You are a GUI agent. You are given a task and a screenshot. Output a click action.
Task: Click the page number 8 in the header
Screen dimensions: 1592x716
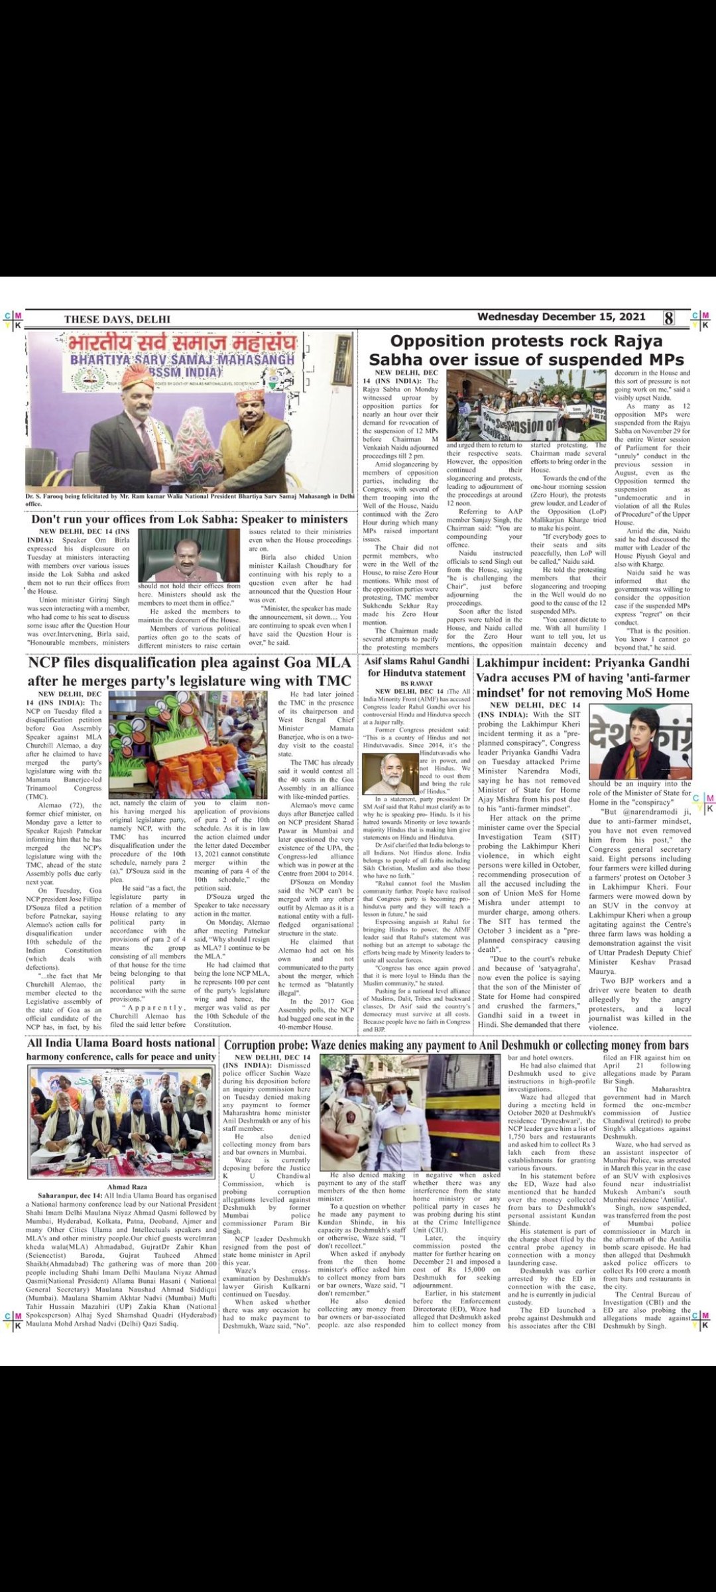coord(669,318)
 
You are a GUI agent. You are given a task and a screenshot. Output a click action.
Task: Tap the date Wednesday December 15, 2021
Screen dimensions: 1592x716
coord(561,317)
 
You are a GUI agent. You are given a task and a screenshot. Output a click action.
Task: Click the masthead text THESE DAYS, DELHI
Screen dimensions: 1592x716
coord(117,319)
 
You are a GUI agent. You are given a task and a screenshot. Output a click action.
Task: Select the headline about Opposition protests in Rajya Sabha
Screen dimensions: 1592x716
coord(526,350)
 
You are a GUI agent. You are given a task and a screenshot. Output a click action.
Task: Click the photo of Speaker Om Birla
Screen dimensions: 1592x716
coord(189,555)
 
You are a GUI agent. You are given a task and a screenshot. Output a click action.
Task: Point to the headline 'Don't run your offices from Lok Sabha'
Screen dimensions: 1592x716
coord(190,519)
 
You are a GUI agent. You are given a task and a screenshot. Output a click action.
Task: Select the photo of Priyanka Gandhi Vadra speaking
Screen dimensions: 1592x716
coord(640,741)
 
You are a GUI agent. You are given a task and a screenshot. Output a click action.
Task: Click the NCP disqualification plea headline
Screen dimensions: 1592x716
coord(190,671)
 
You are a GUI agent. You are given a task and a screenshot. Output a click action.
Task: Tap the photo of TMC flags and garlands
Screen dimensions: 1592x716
coord(188,744)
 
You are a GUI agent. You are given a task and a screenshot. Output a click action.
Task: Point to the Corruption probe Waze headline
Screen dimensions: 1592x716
coord(456,1045)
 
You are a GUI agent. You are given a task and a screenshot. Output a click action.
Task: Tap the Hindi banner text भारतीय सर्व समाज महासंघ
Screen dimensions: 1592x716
coord(182,344)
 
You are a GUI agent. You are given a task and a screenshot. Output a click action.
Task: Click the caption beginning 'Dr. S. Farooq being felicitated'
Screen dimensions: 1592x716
coord(190,499)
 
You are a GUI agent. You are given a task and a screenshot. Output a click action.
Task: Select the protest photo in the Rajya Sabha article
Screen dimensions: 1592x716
coord(526,405)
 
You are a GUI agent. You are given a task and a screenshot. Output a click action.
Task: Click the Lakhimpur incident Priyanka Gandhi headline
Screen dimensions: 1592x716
coord(583,677)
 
